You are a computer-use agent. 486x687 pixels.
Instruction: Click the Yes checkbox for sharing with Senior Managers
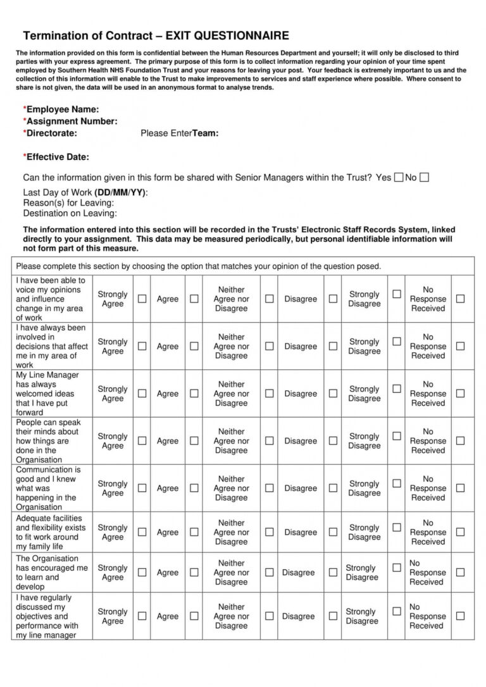click(399, 178)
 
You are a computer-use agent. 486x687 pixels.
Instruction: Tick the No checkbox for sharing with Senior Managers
click(424, 178)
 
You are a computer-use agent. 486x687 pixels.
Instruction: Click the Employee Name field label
click(61, 109)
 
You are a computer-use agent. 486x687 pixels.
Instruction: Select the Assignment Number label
click(71, 121)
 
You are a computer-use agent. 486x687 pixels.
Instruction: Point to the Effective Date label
click(56, 157)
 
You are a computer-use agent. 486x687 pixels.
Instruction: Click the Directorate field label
click(51, 133)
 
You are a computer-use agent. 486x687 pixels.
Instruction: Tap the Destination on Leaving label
click(70, 213)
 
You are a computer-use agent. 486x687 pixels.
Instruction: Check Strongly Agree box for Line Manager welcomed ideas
click(142, 393)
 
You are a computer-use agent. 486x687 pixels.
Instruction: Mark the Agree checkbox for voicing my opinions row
click(194, 299)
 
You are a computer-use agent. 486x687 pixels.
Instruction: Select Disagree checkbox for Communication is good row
click(333, 488)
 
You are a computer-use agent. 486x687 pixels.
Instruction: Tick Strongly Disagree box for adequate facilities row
click(397, 528)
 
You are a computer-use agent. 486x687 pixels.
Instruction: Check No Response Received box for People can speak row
click(460, 440)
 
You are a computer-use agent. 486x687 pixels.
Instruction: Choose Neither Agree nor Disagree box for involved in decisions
click(269, 346)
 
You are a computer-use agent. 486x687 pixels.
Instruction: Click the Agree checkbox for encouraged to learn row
click(194, 572)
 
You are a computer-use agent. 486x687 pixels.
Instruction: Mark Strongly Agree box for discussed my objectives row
click(142, 616)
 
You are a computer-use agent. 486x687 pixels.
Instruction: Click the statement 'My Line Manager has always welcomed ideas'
click(47, 393)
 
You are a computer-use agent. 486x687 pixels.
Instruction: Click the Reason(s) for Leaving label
click(68, 203)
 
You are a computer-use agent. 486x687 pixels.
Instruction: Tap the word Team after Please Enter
click(206, 133)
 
